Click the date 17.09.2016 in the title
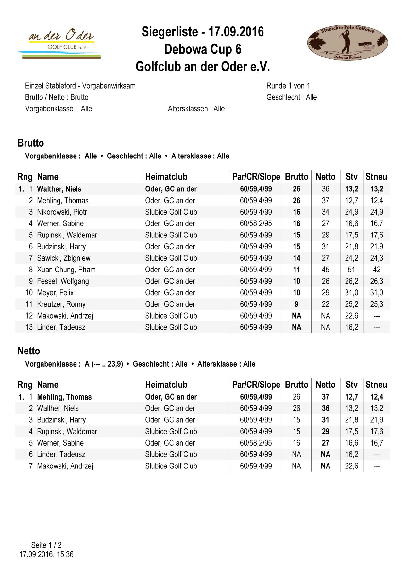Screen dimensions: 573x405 tap(236, 32)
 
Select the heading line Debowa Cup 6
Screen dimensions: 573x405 tap(203, 49)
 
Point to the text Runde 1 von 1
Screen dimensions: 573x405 tap(288, 86)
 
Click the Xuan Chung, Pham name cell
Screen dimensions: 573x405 tap(66, 270)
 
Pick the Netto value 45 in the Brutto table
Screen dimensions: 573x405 tap(325, 270)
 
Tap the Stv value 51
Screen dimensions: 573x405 tap(351, 270)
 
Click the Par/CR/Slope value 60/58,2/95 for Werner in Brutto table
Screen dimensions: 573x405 tap(256, 224)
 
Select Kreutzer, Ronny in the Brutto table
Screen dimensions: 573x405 tap(61, 304)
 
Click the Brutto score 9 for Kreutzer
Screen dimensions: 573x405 tap(296, 304)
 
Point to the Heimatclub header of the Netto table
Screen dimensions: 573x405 tap(166, 385)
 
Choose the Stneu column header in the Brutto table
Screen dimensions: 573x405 tap(376, 177)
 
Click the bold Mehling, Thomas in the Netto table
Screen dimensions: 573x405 tap(64, 397)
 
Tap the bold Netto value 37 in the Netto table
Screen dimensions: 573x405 tap(325, 397)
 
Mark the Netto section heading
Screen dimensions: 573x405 tap(29, 351)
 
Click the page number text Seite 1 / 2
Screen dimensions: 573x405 tap(46, 545)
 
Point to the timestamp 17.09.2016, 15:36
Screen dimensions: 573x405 tap(46, 554)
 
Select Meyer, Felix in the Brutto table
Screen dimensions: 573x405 tap(55, 293)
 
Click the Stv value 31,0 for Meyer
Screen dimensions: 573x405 tap(351, 293)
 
